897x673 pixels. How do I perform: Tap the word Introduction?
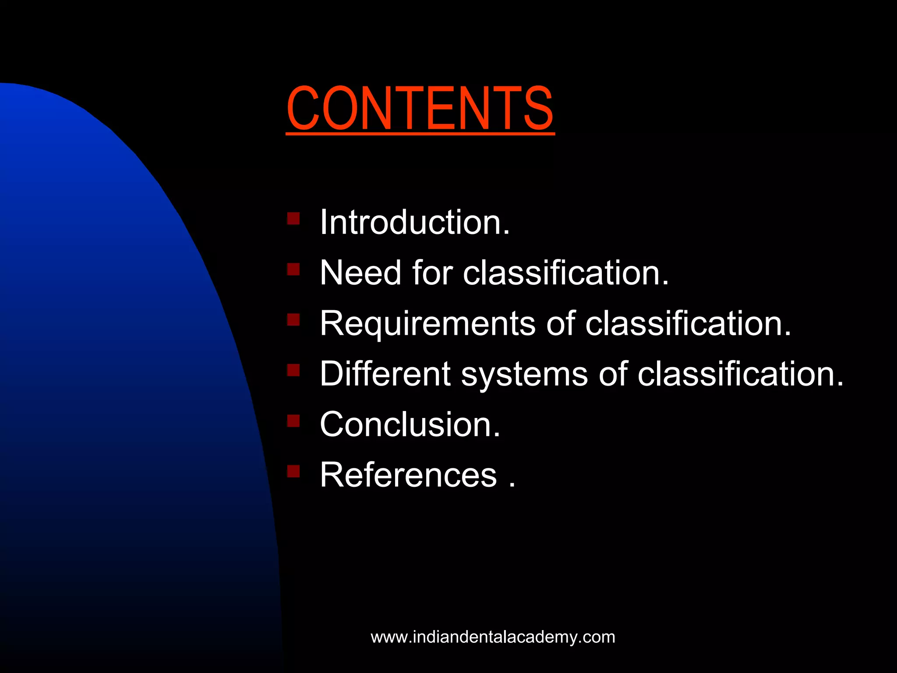(x=414, y=222)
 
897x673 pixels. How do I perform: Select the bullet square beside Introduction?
(x=293, y=218)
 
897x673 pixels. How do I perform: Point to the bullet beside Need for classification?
(x=293, y=269)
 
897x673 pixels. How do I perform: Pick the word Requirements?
(x=427, y=324)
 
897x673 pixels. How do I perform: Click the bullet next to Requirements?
(x=293, y=319)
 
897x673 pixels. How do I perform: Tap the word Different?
(x=385, y=374)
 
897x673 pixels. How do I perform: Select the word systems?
(x=524, y=374)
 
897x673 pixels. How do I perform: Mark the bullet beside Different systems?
(x=293, y=370)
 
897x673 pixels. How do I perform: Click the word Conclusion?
(x=410, y=425)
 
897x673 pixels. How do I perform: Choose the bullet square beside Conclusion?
(x=293, y=421)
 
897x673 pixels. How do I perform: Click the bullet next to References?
(x=293, y=471)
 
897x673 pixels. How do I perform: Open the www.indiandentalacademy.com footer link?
(x=493, y=637)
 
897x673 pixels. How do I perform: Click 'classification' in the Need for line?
(x=565, y=273)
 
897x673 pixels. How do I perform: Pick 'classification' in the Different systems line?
(x=739, y=374)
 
